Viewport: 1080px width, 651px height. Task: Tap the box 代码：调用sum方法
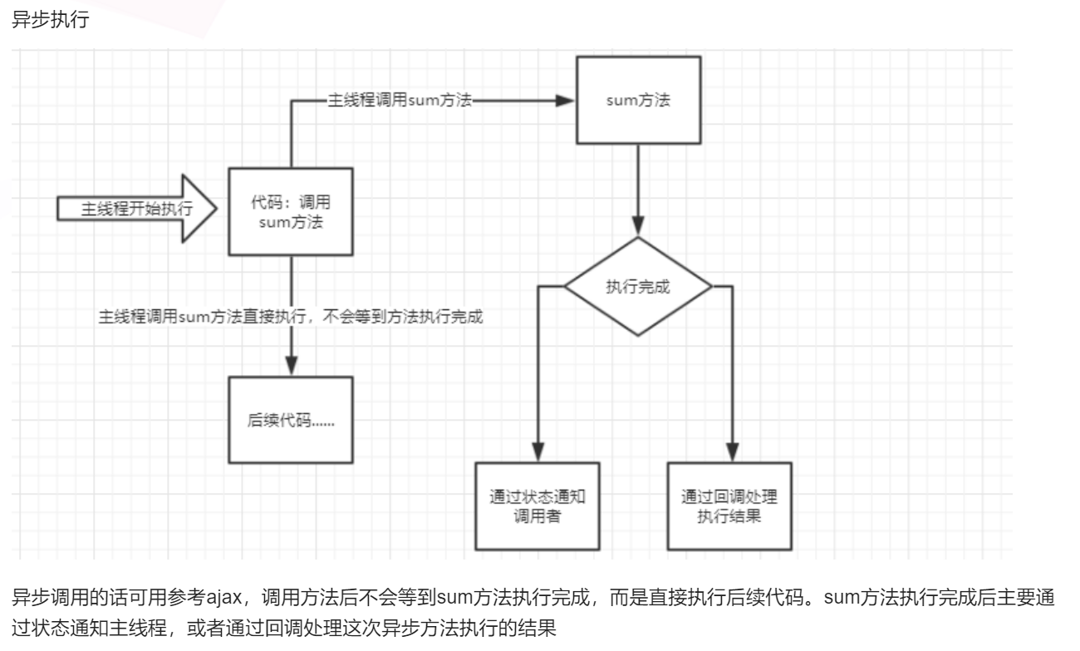[x=291, y=212]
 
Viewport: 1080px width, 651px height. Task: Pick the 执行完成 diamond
[x=637, y=287]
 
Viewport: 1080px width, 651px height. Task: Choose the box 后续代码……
[x=291, y=421]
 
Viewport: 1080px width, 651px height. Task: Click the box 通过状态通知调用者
[x=538, y=506]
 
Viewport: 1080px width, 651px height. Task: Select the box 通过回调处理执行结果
[x=730, y=506]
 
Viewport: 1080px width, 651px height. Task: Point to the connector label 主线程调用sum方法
[x=401, y=100]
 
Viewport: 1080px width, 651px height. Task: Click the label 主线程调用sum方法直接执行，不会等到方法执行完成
[x=291, y=318]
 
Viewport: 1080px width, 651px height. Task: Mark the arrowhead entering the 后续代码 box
[x=291, y=367]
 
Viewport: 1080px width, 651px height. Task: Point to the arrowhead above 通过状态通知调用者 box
[x=538, y=454]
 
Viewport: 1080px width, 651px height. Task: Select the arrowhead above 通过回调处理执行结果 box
[x=731, y=454]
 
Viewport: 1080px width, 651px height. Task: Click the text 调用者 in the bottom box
[x=538, y=515]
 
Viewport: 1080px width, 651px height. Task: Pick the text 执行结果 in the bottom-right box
[x=730, y=515]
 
